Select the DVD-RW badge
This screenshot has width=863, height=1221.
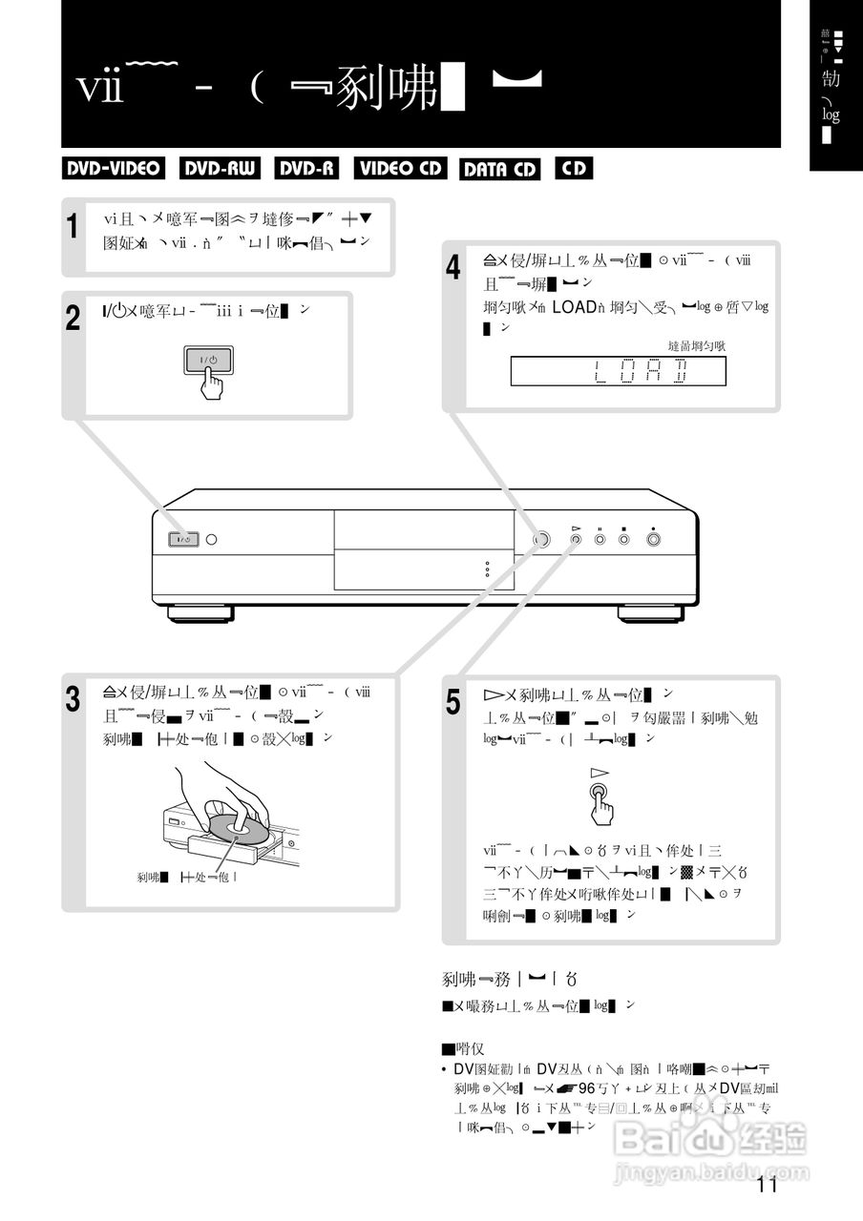[x=220, y=169]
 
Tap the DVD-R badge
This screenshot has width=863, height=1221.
[x=306, y=169]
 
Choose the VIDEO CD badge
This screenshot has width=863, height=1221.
[x=401, y=169]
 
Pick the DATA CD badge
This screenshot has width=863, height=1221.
[x=499, y=170]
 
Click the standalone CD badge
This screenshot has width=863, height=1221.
[x=574, y=169]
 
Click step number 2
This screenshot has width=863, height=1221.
[x=74, y=318]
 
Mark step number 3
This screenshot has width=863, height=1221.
[x=74, y=699]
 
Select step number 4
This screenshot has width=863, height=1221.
[x=454, y=267]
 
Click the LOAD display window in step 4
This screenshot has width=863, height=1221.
[x=618, y=371]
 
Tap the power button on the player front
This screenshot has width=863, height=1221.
[x=184, y=540]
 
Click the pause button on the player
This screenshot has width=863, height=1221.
[x=600, y=540]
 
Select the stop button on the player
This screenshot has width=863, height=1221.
[x=623, y=540]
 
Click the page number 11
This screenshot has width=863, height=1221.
[x=766, y=1186]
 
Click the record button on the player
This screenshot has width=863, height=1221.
[x=654, y=540]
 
